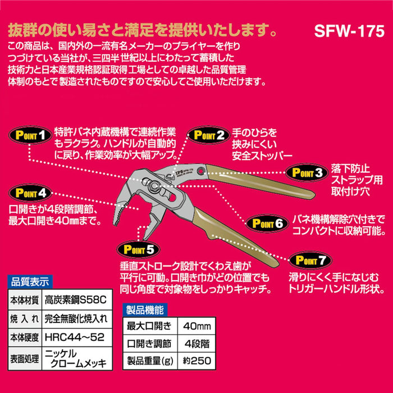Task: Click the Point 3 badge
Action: [x=305, y=172]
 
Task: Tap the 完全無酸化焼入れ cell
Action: [x=75, y=319]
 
